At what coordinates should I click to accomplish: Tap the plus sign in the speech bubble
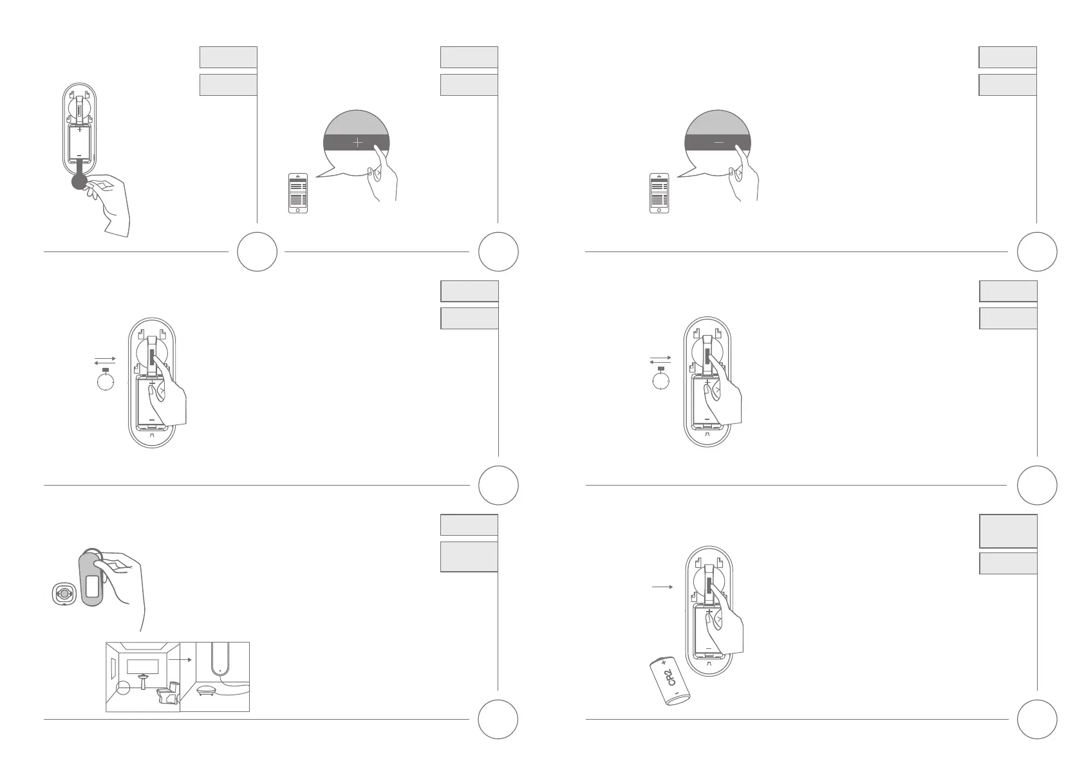tap(358, 143)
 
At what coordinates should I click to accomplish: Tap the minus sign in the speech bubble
tap(719, 143)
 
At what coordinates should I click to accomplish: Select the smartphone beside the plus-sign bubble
tap(298, 193)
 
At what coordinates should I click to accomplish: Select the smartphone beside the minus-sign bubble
tap(659, 193)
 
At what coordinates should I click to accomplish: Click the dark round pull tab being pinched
tap(79, 182)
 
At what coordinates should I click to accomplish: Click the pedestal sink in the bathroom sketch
tap(143, 681)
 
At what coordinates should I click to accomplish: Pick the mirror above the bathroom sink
tap(143, 666)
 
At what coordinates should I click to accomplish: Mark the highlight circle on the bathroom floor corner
tap(122, 688)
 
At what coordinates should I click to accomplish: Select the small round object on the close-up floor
tap(207, 690)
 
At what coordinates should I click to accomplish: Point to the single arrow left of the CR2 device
tap(662, 587)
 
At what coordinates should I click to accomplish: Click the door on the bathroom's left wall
tap(113, 669)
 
